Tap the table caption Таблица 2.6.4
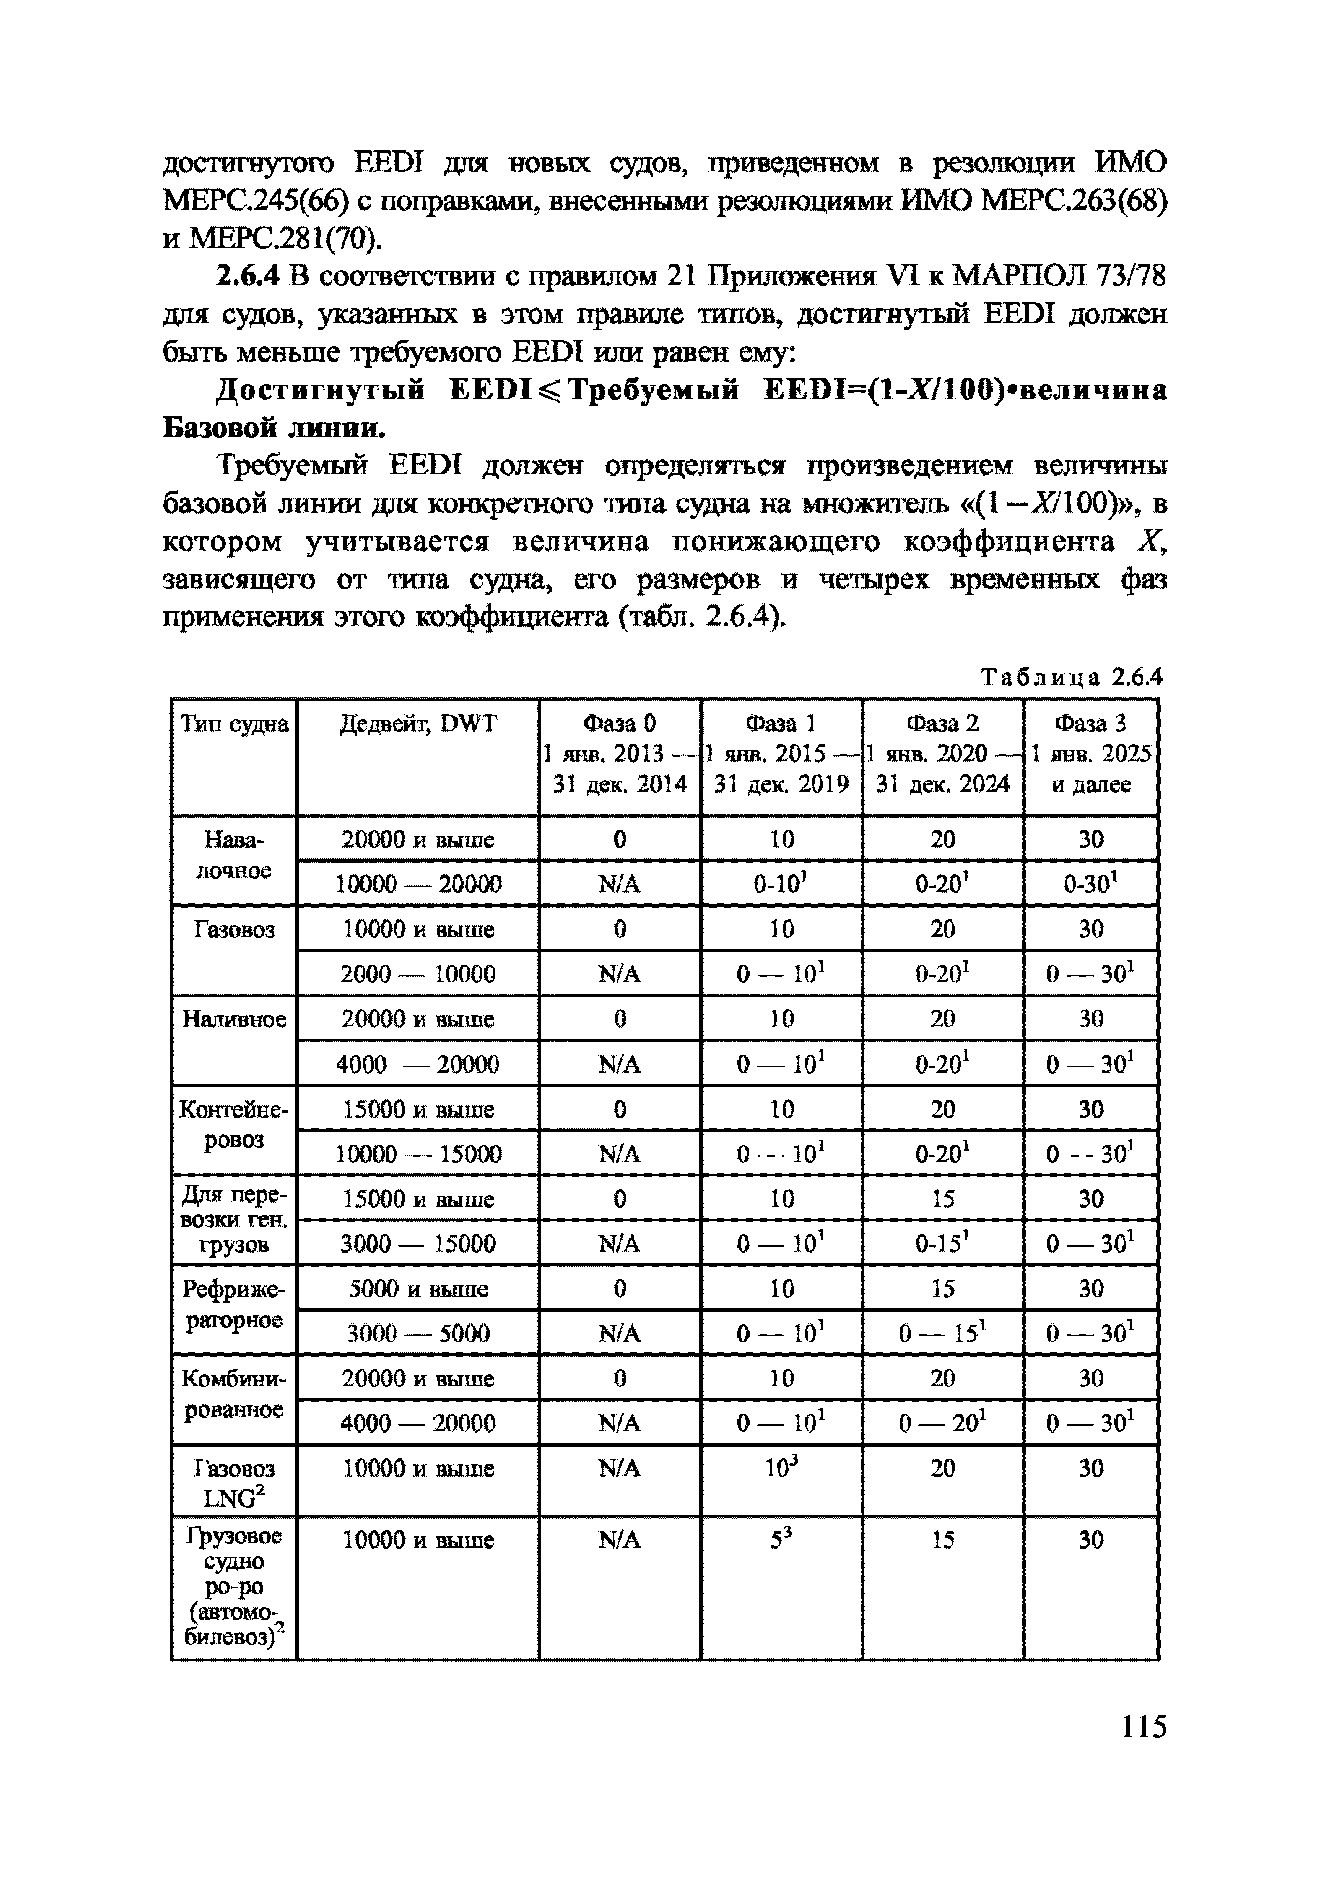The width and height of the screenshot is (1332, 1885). [x=1072, y=677]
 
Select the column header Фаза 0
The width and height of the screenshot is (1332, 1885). [x=620, y=723]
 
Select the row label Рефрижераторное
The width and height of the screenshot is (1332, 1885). [x=234, y=1305]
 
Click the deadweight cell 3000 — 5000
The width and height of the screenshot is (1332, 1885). [x=418, y=1333]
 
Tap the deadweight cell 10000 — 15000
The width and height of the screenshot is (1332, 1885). [x=418, y=1154]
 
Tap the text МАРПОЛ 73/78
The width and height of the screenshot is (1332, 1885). [x=1059, y=277]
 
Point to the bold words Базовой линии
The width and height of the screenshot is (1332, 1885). [x=273, y=428]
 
